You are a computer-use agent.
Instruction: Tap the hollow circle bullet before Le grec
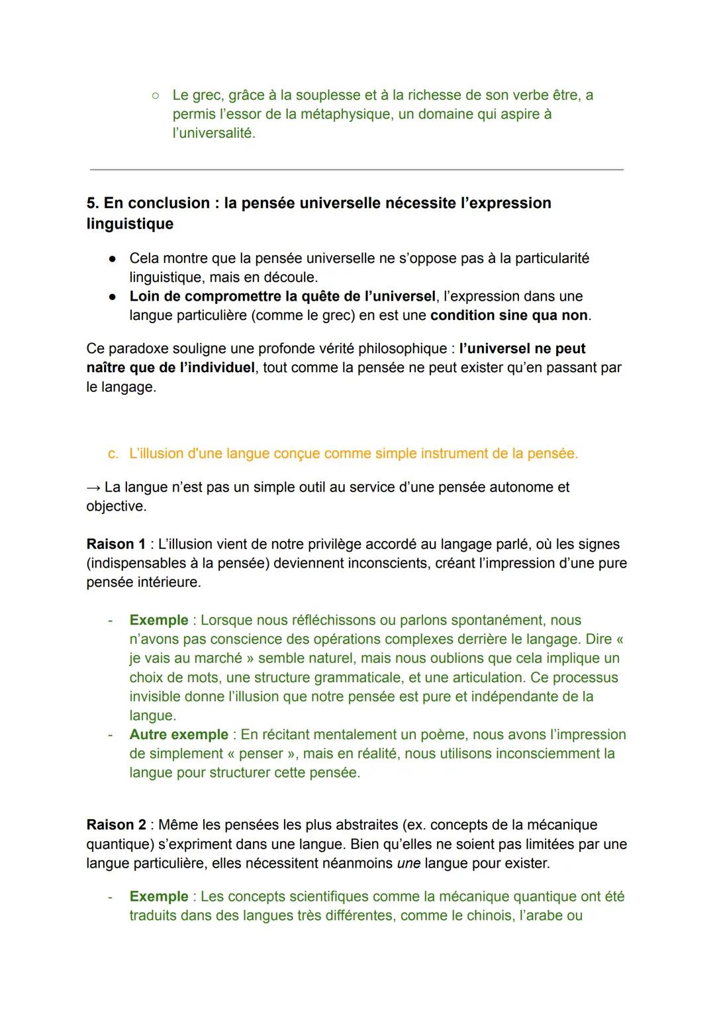click(x=154, y=95)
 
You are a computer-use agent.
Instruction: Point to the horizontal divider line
click(x=356, y=170)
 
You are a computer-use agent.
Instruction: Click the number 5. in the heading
click(x=93, y=203)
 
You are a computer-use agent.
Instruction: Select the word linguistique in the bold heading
click(x=130, y=224)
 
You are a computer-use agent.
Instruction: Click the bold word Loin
click(x=146, y=296)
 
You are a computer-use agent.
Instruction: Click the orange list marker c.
click(x=113, y=454)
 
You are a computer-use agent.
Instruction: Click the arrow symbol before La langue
click(x=93, y=487)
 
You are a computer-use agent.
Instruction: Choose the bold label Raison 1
click(x=116, y=544)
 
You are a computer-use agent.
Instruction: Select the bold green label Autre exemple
click(x=179, y=734)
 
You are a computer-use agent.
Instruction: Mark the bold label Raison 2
click(x=116, y=825)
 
